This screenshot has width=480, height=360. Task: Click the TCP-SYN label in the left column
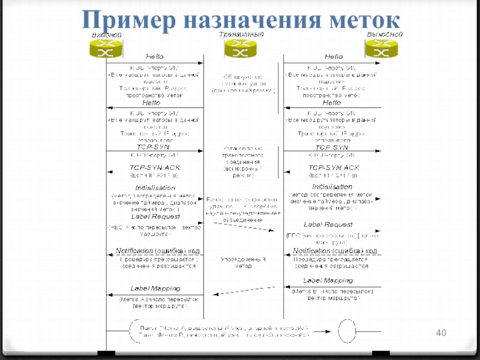point(153,146)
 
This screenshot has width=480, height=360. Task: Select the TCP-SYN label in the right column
point(332,148)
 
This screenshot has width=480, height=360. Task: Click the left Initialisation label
point(155,188)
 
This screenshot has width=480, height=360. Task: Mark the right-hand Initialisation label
point(332,187)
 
